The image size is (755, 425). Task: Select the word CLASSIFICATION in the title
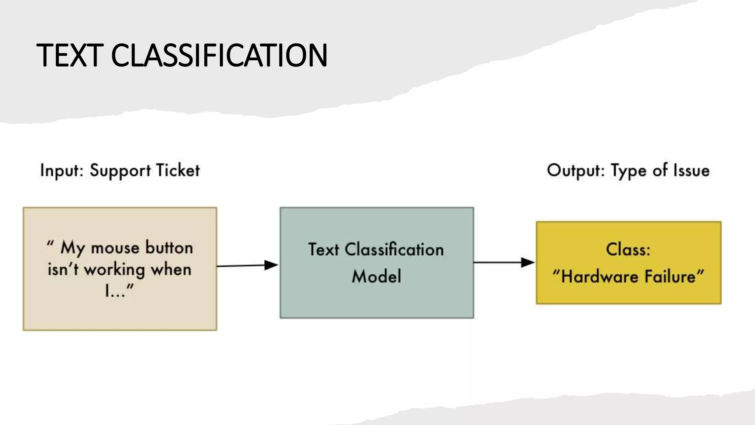click(219, 55)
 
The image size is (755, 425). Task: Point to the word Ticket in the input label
click(178, 171)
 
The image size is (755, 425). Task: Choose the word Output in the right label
click(575, 171)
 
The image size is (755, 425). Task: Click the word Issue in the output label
click(691, 171)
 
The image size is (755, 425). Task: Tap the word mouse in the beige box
click(115, 248)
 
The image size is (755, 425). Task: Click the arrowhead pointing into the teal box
click(271, 265)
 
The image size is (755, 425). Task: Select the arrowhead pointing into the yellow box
click(528, 262)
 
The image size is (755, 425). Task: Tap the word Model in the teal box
click(376, 276)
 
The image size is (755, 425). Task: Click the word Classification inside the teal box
click(394, 250)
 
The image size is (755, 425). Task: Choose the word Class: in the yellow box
click(628, 249)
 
